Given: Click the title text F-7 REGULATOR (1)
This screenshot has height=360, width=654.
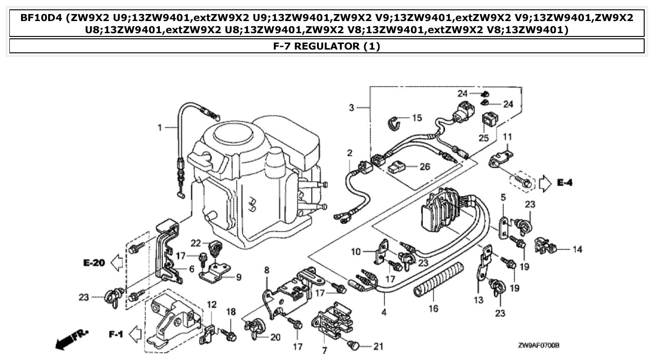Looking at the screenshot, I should click(327, 46).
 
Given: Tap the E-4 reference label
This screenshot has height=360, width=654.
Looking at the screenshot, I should click(565, 183).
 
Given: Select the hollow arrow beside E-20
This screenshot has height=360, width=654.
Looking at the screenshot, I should click(117, 263).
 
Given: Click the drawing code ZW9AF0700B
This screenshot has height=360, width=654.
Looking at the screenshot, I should click(538, 346).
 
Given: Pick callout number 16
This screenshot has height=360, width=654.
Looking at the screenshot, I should click(433, 309).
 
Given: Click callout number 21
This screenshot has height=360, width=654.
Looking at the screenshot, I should click(378, 346).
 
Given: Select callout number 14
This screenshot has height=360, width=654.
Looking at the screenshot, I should click(577, 250).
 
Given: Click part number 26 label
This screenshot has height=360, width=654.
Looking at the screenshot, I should click(424, 166).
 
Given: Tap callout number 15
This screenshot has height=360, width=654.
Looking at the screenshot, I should click(417, 118).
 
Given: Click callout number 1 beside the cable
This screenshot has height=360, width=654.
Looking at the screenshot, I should click(159, 127).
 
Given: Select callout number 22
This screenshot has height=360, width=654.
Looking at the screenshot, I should click(195, 242).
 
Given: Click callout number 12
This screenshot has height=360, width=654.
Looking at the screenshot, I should click(211, 304).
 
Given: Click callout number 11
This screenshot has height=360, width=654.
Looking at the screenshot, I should click(508, 137).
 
